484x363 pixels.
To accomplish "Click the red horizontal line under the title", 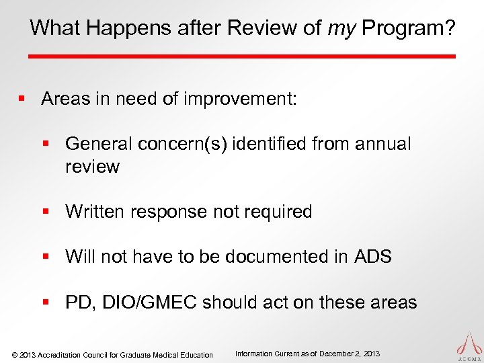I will click(x=242, y=56).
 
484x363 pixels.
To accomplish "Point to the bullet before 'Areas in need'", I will click(x=22, y=99).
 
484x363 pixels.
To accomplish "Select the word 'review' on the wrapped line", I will click(x=92, y=167).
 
